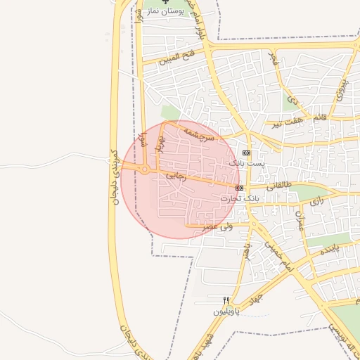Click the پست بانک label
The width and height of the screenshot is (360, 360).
[247, 162]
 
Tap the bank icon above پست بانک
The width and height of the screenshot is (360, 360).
[246, 153]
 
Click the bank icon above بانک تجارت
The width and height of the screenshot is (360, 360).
[240, 188]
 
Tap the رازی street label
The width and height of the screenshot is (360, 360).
[317, 201]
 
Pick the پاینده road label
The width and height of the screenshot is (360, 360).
[329, 249]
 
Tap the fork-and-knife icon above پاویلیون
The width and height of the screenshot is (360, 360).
[226, 300]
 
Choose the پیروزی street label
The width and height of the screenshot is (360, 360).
[340, 90]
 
